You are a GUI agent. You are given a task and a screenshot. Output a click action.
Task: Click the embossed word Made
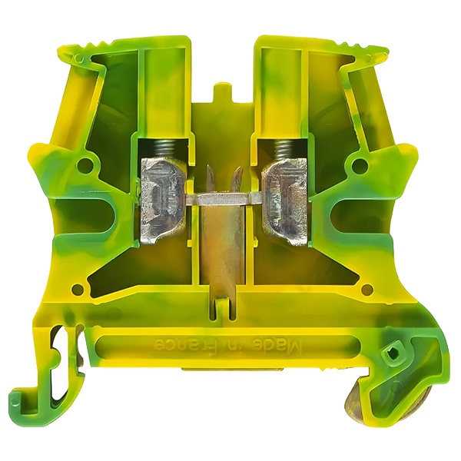[276, 344]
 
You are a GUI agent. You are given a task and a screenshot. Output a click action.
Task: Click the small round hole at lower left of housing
[77, 287]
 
